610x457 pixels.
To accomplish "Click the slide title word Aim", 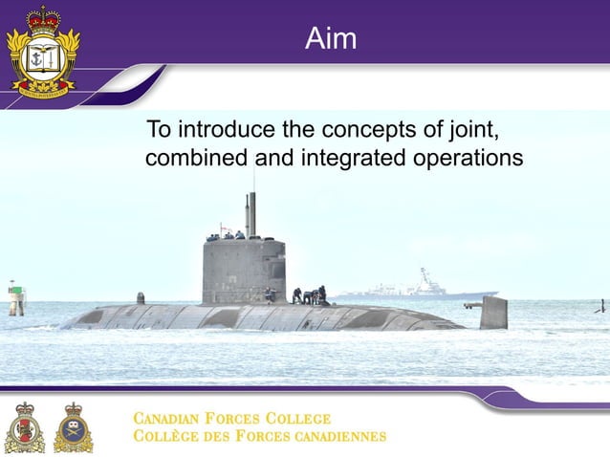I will (x=331, y=39).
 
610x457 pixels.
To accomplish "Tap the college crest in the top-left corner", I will (x=41, y=49).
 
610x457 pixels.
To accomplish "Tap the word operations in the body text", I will (x=469, y=158).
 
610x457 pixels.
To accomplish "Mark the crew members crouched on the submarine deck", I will (x=309, y=295).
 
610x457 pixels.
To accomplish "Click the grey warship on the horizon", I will (x=420, y=286).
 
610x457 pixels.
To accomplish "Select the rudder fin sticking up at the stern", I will (x=493, y=312).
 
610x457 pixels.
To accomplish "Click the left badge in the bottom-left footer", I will (x=24, y=427).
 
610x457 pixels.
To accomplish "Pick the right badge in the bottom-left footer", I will (x=73, y=427).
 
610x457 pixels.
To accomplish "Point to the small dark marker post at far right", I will (x=601, y=306).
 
